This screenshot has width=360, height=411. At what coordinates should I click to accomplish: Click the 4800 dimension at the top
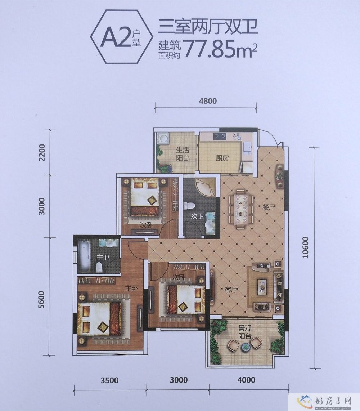click(x=207, y=101)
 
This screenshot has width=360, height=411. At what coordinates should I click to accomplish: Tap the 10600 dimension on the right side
click(x=305, y=247)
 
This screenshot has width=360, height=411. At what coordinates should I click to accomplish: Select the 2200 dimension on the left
click(x=42, y=152)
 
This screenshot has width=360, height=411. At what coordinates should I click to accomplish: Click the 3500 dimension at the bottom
click(x=110, y=380)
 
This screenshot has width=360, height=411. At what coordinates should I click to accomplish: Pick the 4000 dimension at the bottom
click(x=246, y=380)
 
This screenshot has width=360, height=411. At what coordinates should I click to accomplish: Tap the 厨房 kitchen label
click(x=222, y=158)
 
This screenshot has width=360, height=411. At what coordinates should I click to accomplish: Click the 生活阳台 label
click(x=183, y=154)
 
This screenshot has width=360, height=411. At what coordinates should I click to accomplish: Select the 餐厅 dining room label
click(x=269, y=207)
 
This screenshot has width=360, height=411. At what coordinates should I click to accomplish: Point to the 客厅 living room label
click(x=231, y=290)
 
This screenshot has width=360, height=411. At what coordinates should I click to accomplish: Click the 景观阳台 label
click(x=245, y=332)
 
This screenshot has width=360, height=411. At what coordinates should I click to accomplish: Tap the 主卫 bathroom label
click(x=103, y=258)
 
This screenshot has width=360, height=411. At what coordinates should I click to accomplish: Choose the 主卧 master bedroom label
click(x=131, y=289)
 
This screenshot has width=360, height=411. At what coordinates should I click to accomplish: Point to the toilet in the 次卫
click(x=188, y=206)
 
